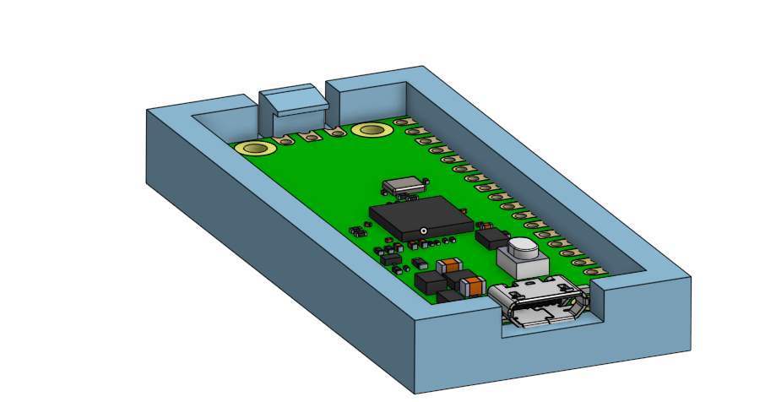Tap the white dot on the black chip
coord(423,231)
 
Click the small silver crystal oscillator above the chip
coord(404,184)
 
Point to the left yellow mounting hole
coord(257,149)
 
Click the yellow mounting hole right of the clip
coord(371,129)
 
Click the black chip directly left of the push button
coord(491,239)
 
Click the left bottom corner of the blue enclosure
coord(149,182)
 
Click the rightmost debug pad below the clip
coord(338,131)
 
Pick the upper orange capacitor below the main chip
coord(447,263)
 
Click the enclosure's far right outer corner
coord(690,278)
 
